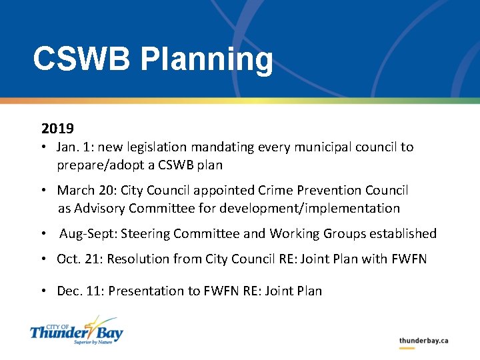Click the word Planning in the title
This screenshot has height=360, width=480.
(x=207, y=60)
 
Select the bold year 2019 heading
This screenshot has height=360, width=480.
(x=57, y=127)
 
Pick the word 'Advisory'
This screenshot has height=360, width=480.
(x=100, y=208)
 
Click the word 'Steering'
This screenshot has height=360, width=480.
(x=199, y=233)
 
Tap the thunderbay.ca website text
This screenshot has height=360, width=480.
(x=423, y=341)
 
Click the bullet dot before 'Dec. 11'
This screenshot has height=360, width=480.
(x=43, y=291)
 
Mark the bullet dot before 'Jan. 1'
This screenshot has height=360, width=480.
(x=43, y=147)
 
